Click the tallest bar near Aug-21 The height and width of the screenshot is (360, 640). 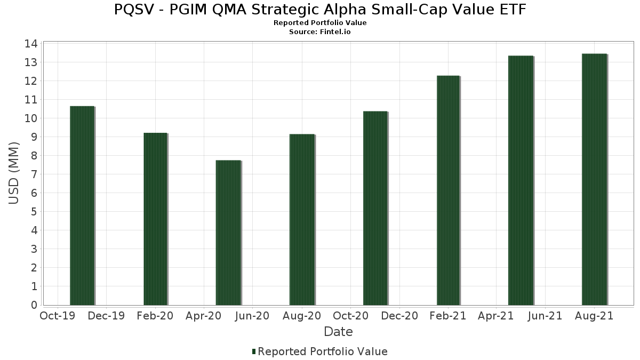point(594,179)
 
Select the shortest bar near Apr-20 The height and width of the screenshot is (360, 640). point(228,233)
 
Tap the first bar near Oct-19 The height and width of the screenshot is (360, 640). point(82,205)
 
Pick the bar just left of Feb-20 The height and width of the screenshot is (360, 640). point(155,219)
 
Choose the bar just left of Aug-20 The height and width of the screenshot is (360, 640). point(302,220)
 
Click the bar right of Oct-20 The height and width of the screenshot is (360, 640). point(375,208)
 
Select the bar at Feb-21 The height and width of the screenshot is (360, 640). point(449,190)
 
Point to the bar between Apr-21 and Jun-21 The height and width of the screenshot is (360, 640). point(521,180)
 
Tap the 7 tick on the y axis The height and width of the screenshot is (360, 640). point(34,174)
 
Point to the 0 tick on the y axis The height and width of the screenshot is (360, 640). point(34,305)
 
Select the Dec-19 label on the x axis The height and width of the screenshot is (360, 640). point(106,316)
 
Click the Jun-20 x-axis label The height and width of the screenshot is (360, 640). point(252,316)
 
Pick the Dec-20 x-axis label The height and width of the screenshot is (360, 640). point(399,316)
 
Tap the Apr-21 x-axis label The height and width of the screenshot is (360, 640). point(496,316)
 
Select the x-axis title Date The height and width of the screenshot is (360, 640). point(338,332)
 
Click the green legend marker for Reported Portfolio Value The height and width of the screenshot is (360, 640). point(254,351)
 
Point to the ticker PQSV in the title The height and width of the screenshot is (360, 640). point(133,10)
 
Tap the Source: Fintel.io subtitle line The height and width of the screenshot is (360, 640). point(320,32)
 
